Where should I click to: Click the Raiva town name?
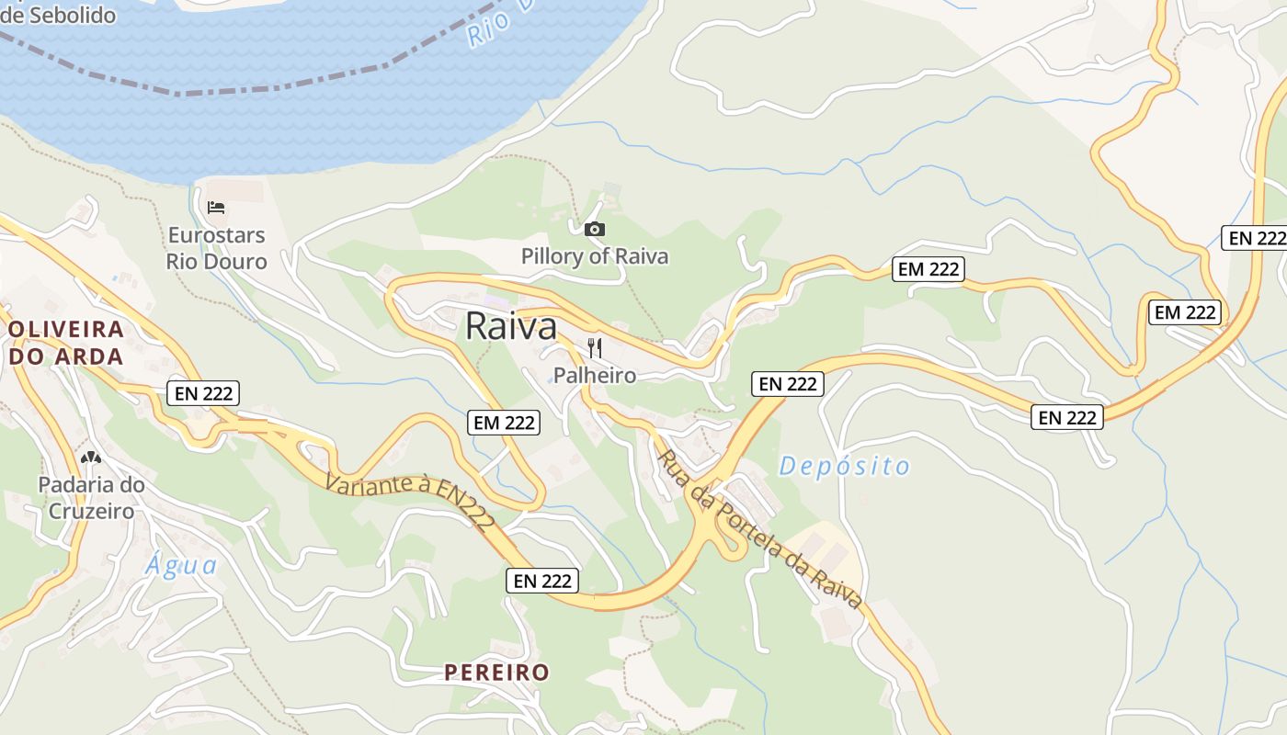click(x=511, y=326)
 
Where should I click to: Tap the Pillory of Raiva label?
click(x=595, y=256)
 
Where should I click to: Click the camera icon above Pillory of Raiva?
click(x=595, y=229)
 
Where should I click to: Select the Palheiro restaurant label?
click(x=595, y=375)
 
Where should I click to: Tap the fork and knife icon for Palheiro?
click(x=595, y=347)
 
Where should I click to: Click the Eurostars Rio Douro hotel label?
click(x=216, y=249)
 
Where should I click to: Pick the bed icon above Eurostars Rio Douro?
click(x=216, y=208)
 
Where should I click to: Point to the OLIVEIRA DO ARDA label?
click(x=65, y=343)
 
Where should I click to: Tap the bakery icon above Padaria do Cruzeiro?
click(x=91, y=457)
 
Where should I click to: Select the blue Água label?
click(x=181, y=564)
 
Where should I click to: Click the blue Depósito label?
click(x=844, y=466)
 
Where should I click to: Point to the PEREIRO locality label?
click(x=496, y=673)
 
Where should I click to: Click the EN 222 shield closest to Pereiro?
click(x=542, y=581)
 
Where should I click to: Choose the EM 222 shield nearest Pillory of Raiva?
click(x=928, y=269)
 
